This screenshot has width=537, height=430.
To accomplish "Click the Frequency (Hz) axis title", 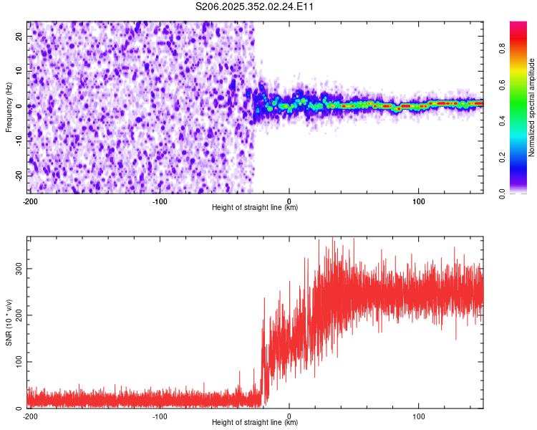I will [9, 107].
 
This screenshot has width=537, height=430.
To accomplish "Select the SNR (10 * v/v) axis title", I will [9, 323].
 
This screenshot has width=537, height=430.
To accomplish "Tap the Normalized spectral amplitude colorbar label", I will [532, 107].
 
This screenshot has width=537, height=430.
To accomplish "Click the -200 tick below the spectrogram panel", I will [30, 201].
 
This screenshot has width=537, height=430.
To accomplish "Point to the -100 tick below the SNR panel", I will [160, 416].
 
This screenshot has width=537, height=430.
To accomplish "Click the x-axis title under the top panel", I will [255, 208].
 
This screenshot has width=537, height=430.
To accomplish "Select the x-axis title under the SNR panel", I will [255, 423].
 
